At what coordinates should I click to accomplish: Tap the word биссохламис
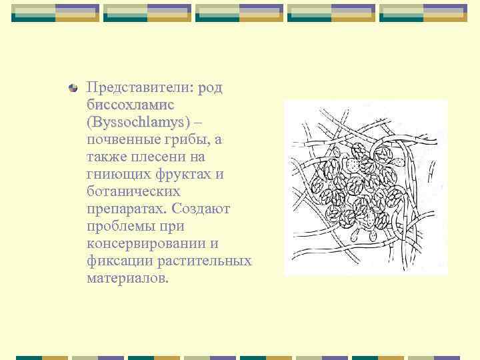[130, 105]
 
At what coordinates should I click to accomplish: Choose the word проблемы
[120, 227]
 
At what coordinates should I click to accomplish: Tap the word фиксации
[115, 261]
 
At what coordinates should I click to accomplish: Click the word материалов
[128, 279]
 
